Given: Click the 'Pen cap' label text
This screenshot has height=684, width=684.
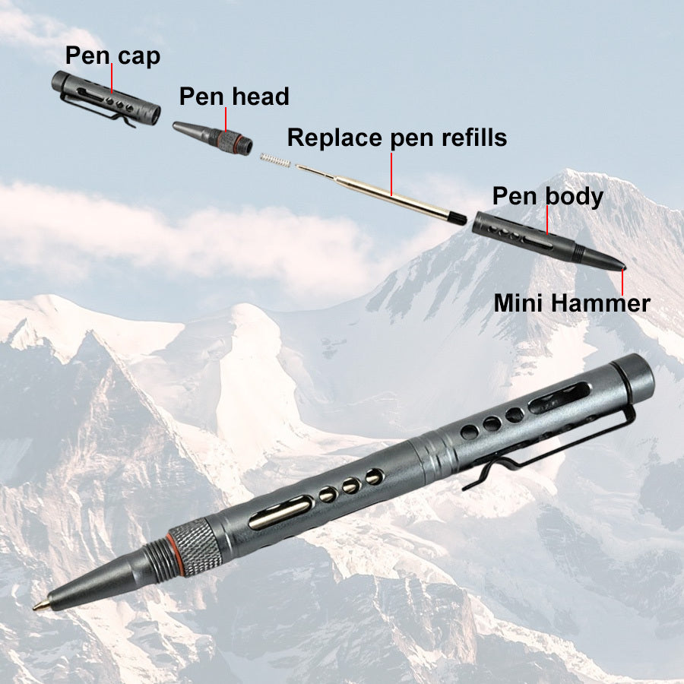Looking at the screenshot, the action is (112, 55).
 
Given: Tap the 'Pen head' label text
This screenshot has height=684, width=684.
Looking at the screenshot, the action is (234, 96).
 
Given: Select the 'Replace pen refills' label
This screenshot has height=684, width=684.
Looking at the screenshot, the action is (397, 138).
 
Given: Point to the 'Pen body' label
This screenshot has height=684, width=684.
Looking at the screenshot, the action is (548, 196).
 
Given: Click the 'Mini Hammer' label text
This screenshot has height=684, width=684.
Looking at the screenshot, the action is (572, 303).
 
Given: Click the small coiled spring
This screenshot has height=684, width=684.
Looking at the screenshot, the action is (275, 160).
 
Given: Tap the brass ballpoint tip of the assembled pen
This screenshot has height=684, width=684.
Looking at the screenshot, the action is (40, 605).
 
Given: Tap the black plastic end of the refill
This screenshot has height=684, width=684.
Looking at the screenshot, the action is (458, 218).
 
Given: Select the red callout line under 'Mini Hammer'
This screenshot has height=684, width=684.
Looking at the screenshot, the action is (622, 283).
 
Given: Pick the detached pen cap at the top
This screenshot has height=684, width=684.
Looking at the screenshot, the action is (106, 99).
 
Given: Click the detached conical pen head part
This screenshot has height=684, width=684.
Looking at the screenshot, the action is (213, 138).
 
